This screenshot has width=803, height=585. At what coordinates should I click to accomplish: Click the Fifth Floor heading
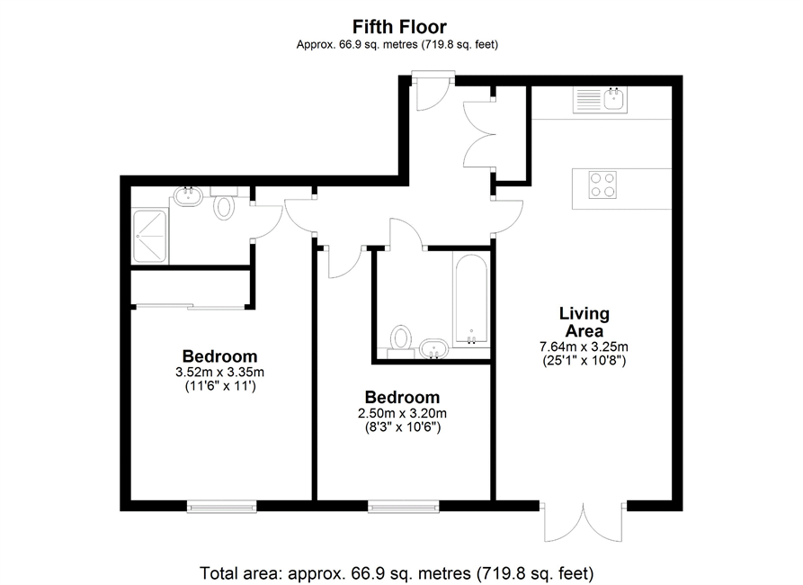pos(399,26)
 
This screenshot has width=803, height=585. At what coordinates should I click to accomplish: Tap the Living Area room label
pos(584,322)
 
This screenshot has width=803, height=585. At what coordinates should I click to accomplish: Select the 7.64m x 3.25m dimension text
pos(584,346)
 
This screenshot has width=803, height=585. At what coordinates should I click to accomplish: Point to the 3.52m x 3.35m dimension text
pos(219,372)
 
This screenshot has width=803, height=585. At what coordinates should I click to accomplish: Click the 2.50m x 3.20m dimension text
pos(402,413)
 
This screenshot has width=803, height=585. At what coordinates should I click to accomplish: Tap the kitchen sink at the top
pos(600,100)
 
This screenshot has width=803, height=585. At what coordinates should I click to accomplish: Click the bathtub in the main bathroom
pos(470,300)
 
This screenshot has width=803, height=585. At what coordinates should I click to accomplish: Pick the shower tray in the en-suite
pos(149,237)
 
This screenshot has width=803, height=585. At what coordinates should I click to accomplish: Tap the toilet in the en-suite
pos(223,203)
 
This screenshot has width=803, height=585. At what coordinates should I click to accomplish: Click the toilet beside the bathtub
pos(400,341)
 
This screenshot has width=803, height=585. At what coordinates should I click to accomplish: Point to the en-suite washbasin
pos(188,196)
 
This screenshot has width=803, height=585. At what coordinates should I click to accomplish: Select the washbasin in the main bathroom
pos(433,348)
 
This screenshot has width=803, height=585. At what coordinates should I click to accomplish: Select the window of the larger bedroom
pos(222,507)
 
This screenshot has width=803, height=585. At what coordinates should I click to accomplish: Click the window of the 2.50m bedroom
pos(404,507)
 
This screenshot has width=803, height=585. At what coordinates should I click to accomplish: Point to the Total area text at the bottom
pos(397,572)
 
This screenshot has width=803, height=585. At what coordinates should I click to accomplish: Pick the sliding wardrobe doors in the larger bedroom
pos(191,307)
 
